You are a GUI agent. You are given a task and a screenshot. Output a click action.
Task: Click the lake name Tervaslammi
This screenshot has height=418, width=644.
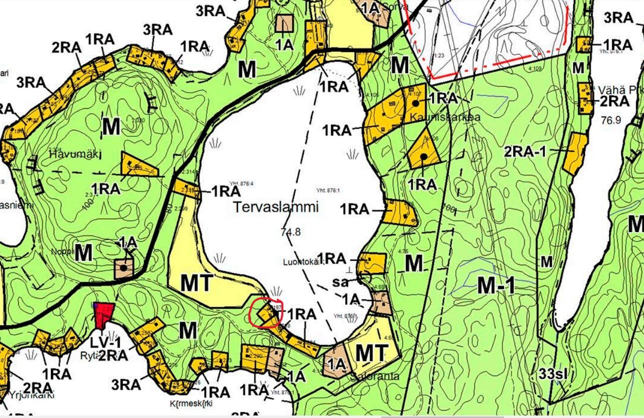tap(276, 207)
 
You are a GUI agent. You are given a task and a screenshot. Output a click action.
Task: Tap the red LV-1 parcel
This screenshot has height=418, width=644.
tap(104, 314)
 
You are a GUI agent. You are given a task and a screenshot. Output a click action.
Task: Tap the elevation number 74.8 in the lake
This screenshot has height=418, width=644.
tap(290, 231)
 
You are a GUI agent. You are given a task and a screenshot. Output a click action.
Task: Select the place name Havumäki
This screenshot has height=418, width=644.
tap(68, 155)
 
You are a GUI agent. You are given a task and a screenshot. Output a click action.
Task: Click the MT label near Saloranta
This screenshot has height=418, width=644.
tap(371, 353)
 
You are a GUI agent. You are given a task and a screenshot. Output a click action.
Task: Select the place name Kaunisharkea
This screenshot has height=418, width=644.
tap(445, 117)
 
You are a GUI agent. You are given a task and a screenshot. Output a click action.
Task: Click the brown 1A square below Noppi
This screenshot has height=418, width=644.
tap(124, 268)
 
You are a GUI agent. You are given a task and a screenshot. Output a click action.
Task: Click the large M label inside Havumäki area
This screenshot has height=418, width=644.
tap(111, 127)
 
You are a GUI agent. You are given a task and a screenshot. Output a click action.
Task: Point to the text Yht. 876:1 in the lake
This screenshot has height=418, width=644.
tap(328, 190)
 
